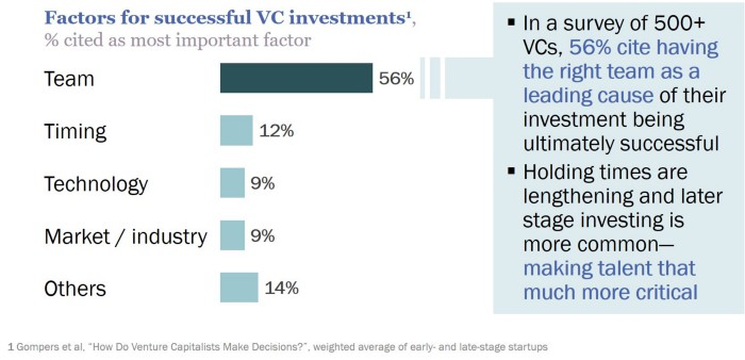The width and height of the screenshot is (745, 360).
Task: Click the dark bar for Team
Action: pyautogui.click(x=296, y=78)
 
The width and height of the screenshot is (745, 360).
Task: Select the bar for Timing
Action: pyautogui.click(x=237, y=130)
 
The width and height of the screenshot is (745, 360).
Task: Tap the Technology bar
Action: pyautogui.click(x=232, y=183)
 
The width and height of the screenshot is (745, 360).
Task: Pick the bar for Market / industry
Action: pyautogui.click(x=232, y=235)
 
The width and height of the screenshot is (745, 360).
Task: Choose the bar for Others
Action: pyautogui.click(x=239, y=287)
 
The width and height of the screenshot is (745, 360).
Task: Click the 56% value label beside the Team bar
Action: pyautogui.click(x=396, y=78)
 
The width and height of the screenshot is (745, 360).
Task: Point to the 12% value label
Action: pyautogui.click(x=276, y=131)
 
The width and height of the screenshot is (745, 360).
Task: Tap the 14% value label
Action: pyautogui.click(x=282, y=288)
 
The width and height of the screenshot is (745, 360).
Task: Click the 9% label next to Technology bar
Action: pyautogui.click(x=263, y=183)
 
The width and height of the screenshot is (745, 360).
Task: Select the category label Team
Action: pyautogui.click(x=69, y=79)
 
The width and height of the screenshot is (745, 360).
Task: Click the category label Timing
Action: pyautogui.click(x=75, y=132)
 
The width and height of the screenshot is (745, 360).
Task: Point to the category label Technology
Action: pyautogui.click(x=96, y=184)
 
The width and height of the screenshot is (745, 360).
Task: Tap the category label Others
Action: pyautogui.click(x=75, y=289)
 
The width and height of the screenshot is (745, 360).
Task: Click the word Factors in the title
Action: pyautogui.click(x=80, y=18)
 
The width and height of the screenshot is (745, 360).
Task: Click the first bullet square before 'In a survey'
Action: pyautogui.click(x=512, y=22)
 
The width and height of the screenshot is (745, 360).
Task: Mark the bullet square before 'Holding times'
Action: pyautogui.click(x=512, y=171)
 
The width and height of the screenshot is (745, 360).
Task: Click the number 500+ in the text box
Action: pyautogui.click(x=679, y=23)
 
